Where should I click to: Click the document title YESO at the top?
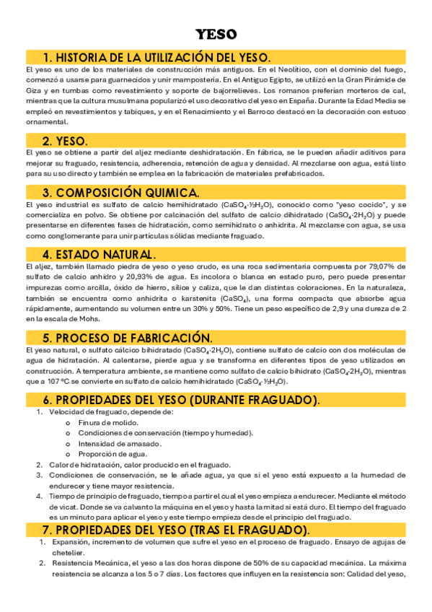point(216,35)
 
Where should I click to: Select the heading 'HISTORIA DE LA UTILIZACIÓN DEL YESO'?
point(157,57)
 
